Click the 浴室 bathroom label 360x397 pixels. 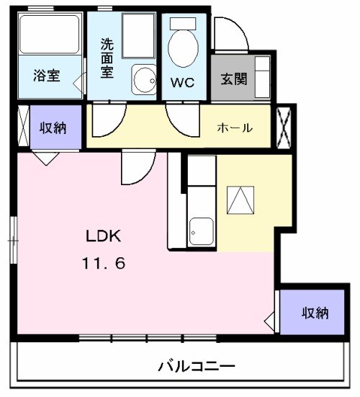(47, 76)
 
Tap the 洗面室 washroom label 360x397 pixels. (107, 59)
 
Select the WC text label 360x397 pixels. (182, 81)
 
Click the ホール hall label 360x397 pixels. (235, 128)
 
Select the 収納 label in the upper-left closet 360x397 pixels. (53, 128)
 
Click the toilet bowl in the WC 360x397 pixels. (181, 49)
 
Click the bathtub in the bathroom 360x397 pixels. (49, 35)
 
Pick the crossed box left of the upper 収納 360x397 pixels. (22, 127)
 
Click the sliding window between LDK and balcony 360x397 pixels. (147, 337)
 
